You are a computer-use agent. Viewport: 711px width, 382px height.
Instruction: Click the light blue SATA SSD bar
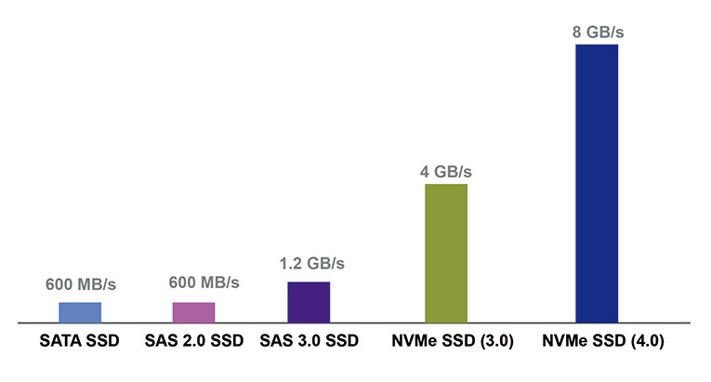pos(80,312)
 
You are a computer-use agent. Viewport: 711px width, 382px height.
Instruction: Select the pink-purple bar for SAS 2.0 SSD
pos(193,312)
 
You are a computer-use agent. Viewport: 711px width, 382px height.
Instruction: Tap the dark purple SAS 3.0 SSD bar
pos(309,302)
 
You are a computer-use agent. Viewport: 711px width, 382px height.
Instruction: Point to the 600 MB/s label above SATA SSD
pos(80,283)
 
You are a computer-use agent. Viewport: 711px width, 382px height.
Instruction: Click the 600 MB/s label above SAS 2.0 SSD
pos(204,282)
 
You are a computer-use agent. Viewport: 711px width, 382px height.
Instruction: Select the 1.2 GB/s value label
pos(312,263)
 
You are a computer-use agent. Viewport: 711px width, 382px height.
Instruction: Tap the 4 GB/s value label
pos(446,172)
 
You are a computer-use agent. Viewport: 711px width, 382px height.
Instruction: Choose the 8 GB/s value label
pos(597,33)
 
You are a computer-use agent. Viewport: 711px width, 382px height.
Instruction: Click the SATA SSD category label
pos(80,341)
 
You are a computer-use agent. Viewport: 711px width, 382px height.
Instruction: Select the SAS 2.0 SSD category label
pos(193,341)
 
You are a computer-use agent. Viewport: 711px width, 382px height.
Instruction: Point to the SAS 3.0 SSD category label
pos(309,341)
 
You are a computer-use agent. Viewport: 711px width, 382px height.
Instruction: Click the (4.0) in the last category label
pos(647,341)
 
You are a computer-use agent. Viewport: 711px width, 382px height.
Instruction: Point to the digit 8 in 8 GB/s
pos(576,33)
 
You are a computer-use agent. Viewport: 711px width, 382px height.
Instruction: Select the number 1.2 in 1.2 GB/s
pos(290,263)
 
